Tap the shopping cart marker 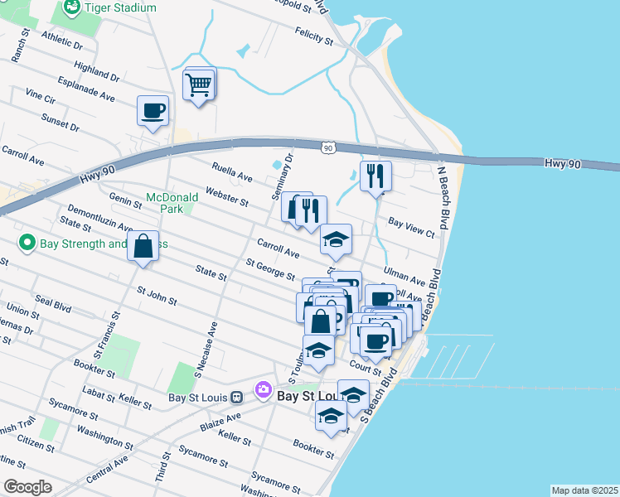pyautogui.click(x=199, y=84)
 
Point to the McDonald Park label pyautogui.click(x=172, y=203)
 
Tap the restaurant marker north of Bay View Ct pyautogui.click(x=375, y=176)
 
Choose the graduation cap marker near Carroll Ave pyautogui.click(x=336, y=240)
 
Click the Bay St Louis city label pyautogui.click(x=310, y=396)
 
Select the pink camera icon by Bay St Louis pyautogui.click(x=264, y=388)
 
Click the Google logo pyautogui.click(x=27, y=487)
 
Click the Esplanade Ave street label pyautogui.click(x=85, y=89)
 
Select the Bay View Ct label pyautogui.click(x=411, y=229)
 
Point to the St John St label pyautogui.click(x=157, y=296)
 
